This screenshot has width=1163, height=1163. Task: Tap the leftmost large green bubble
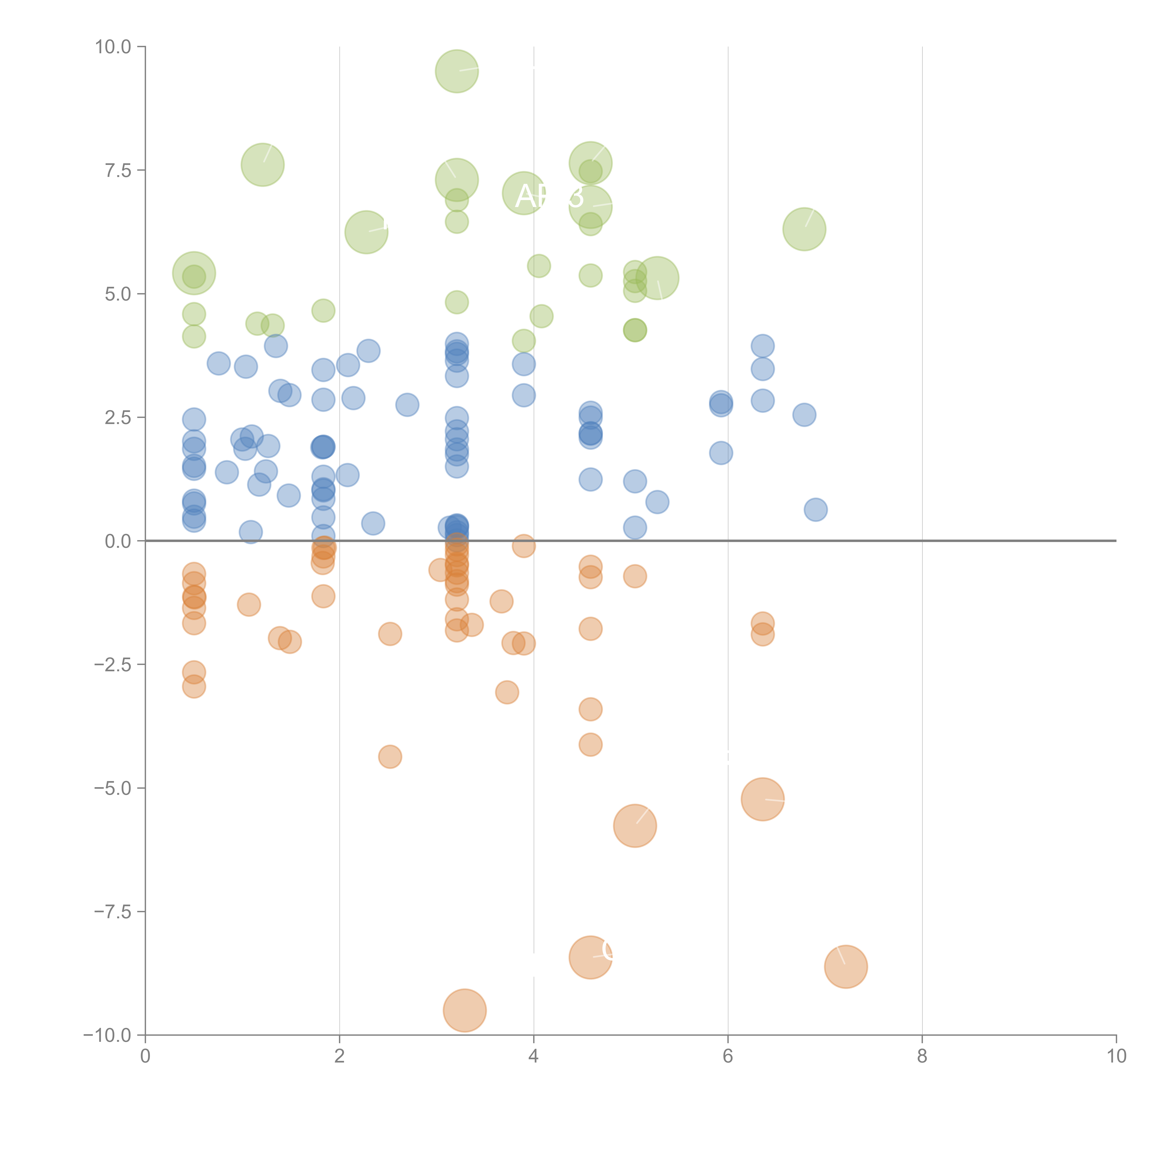(x=194, y=273)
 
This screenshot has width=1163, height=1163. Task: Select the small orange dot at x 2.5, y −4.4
(x=390, y=757)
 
